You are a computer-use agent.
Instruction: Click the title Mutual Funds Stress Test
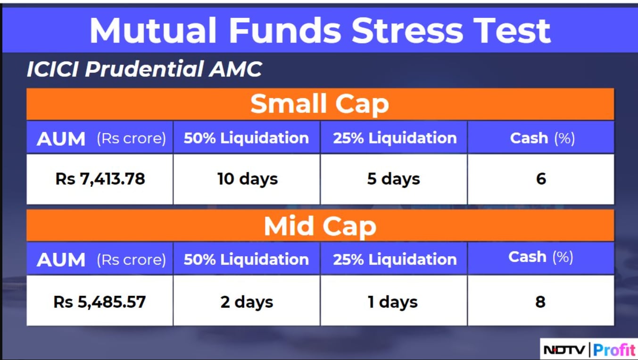click(x=320, y=31)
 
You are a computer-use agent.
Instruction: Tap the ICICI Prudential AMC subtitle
click(x=144, y=69)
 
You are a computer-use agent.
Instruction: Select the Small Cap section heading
click(x=320, y=104)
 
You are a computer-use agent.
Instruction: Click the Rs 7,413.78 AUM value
click(x=100, y=179)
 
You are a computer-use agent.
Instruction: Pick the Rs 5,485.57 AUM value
click(x=99, y=302)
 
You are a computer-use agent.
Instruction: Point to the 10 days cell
click(x=248, y=179)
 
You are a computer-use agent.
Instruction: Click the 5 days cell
click(x=394, y=179)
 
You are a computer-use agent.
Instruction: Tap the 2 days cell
click(x=247, y=302)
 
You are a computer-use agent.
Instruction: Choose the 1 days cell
click(x=393, y=302)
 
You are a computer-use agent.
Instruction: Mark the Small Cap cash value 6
click(x=541, y=179)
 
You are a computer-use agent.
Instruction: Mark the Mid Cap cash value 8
click(x=540, y=302)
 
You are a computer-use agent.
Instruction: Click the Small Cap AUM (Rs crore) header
click(x=101, y=139)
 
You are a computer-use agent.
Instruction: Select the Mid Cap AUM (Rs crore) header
click(x=101, y=260)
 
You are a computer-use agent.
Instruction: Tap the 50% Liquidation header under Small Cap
click(x=246, y=138)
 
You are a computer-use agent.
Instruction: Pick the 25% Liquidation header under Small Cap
click(x=395, y=138)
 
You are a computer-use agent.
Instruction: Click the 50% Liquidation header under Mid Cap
click(x=246, y=260)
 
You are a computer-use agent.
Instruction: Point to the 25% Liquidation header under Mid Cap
click(x=395, y=260)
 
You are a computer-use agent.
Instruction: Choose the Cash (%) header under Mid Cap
click(x=540, y=257)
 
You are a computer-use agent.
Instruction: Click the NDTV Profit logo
click(x=589, y=350)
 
